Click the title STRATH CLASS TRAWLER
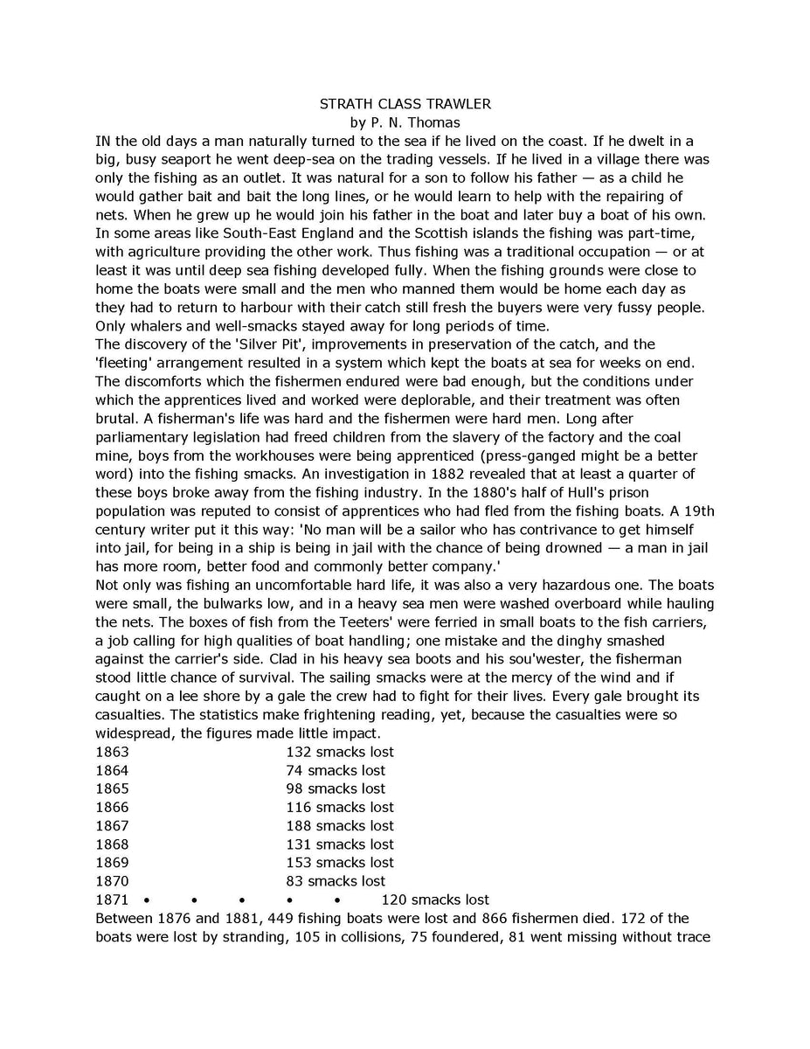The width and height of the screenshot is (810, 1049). [405, 104]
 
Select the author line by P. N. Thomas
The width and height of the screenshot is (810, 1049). [405, 122]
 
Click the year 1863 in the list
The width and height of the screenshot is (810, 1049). [112, 752]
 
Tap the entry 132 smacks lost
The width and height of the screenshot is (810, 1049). [340, 752]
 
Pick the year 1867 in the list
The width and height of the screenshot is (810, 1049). [112, 826]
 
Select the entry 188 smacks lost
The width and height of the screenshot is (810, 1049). [340, 826]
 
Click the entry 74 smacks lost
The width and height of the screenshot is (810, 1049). [336, 770]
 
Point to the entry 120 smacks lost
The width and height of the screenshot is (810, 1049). [435, 900]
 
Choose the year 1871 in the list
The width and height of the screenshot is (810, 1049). [112, 900]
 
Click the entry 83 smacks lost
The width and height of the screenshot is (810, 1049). [336, 881]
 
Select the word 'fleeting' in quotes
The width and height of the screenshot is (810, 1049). [126, 363]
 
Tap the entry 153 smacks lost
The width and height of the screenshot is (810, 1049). [340, 863]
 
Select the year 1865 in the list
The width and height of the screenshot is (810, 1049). [112, 788]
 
